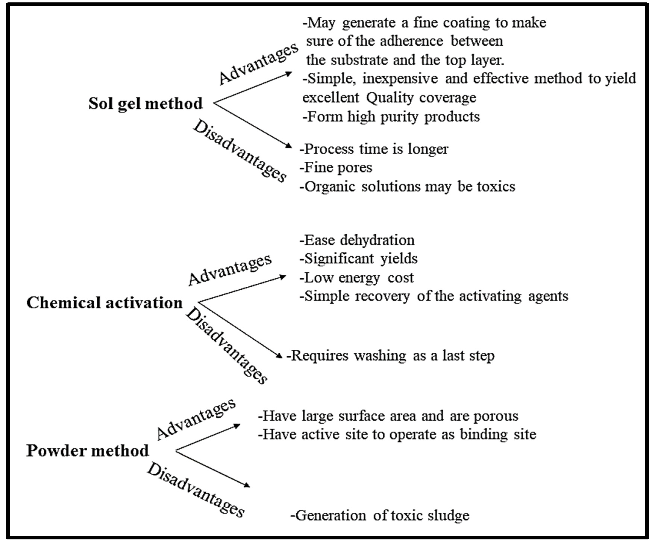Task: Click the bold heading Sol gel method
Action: (145, 104)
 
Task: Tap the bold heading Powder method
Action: (88, 450)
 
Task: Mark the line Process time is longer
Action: (374, 149)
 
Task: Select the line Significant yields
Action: (359, 259)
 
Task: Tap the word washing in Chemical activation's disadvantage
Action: (380, 356)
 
